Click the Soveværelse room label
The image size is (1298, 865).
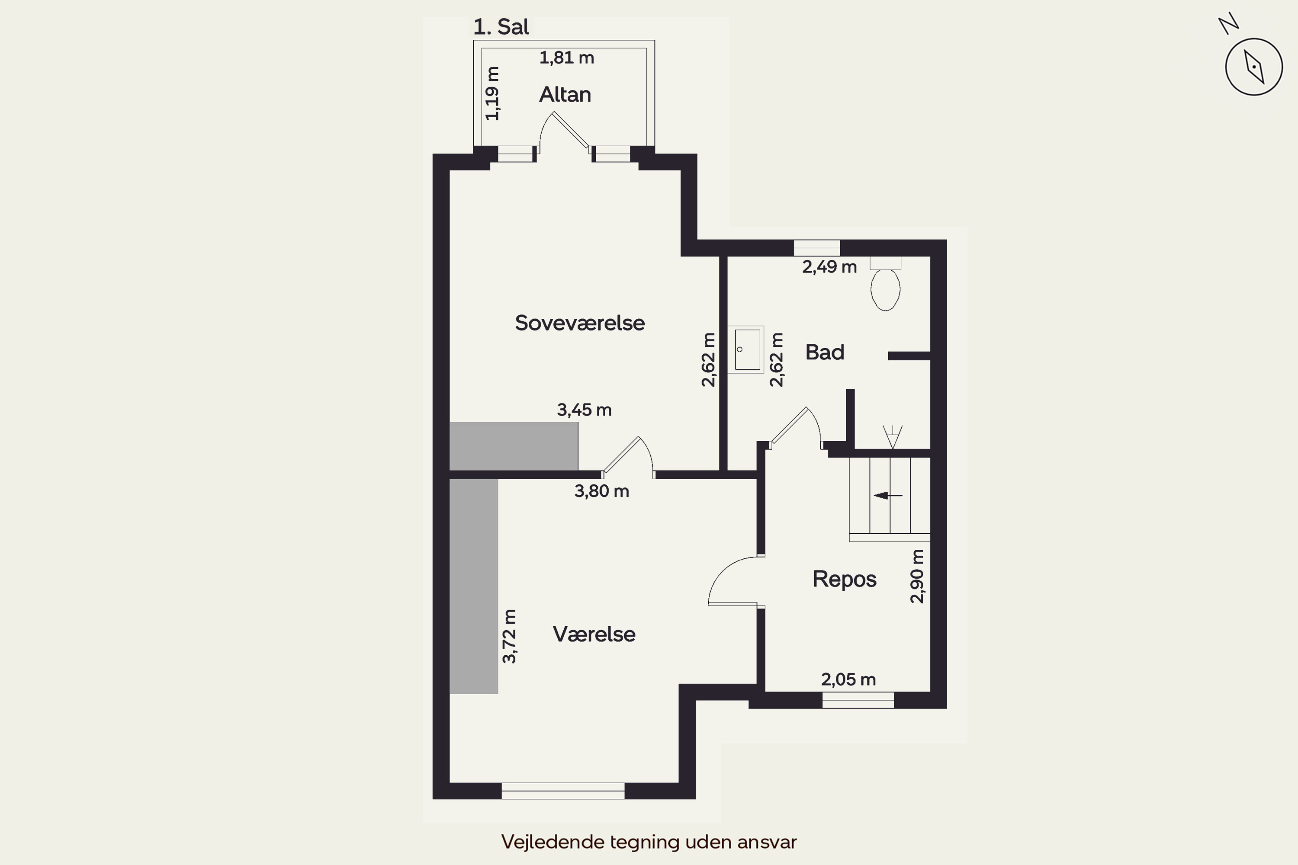[x=579, y=323]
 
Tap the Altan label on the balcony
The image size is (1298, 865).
[x=565, y=95]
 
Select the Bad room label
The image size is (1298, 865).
[x=825, y=352]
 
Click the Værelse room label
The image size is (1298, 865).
[x=594, y=634]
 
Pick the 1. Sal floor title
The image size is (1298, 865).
[x=501, y=27]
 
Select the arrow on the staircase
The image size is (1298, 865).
[x=887, y=495]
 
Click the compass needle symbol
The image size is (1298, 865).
[x=1254, y=67]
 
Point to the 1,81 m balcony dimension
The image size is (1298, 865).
[x=567, y=58]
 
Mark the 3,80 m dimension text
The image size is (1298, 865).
[x=601, y=491]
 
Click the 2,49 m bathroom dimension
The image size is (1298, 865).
[x=829, y=267]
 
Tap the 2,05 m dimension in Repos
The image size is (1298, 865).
[x=848, y=679]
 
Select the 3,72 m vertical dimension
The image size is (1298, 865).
[x=509, y=636]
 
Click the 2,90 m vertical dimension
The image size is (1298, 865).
[x=917, y=577]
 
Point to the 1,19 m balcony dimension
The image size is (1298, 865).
[x=492, y=93]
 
